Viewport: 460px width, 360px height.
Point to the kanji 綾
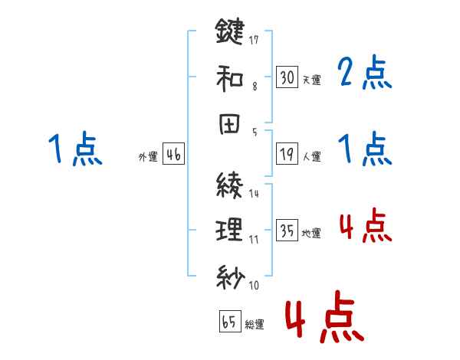[229, 184]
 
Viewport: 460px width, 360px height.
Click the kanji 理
[229, 229]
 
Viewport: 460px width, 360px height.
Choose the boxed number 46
[173, 155]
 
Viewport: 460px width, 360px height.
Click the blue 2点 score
[365, 74]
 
